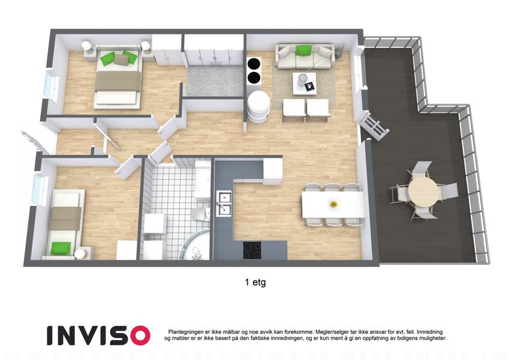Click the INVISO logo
pyautogui.click(x=98, y=335)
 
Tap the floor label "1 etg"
pyautogui.click(x=255, y=282)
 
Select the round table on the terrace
pyautogui.click(x=423, y=190)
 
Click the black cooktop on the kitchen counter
pyautogui.click(x=252, y=251)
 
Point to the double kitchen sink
pyautogui.click(x=224, y=203)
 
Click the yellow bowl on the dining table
pyautogui.click(x=333, y=204)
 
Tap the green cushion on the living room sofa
pyautogui.click(x=304, y=50)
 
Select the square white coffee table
pyautogui.click(x=304, y=83)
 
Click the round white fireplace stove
pyautogui.click(x=258, y=106)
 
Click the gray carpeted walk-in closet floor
pyautogui.click(x=215, y=81)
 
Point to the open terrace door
pyautogui.click(x=374, y=128)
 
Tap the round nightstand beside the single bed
pyautogui.click(x=80, y=254)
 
